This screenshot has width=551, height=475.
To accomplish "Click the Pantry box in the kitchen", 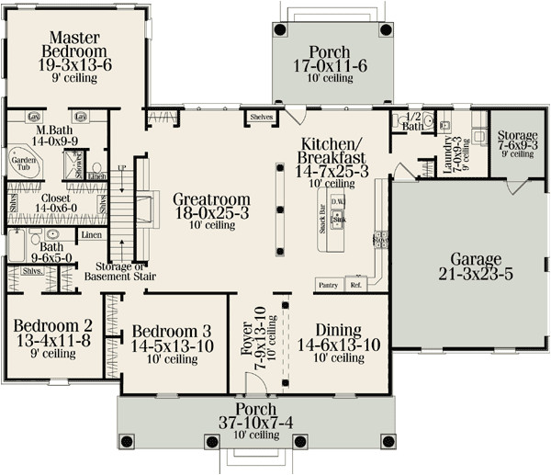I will coord(327,286).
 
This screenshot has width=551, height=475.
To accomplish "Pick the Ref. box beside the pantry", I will coord(356,286).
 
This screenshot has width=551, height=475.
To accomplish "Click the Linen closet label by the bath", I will coord(91,236).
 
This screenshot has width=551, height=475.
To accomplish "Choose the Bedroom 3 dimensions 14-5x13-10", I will coord(173,346).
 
